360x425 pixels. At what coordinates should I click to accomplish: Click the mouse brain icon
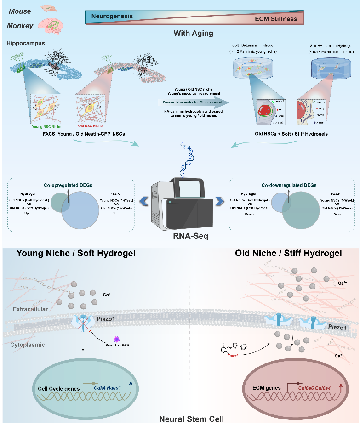(x=48, y=8)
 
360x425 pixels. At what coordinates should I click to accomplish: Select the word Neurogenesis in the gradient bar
(x=112, y=16)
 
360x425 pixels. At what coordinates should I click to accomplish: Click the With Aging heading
(x=193, y=34)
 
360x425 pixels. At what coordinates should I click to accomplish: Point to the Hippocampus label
(x=25, y=43)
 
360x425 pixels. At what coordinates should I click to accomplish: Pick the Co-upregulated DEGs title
(x=69, y=185)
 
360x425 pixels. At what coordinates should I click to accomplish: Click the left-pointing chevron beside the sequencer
(x=143, y=200)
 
